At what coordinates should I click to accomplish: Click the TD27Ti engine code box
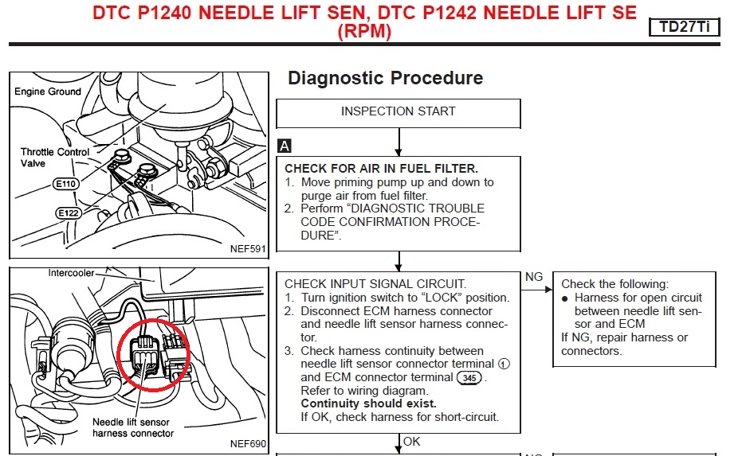(685, 28)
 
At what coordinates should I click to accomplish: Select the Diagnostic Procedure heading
(385, 78)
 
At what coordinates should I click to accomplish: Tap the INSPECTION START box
(398, 111)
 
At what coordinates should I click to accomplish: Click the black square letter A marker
(284, 146)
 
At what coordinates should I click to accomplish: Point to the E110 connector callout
(65, 184)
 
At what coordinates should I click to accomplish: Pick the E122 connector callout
(69, 213)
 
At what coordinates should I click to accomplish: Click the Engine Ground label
(48, 92)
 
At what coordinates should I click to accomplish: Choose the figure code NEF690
(248, 443)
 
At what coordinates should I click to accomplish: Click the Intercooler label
(73, 272)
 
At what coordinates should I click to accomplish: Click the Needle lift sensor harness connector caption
(132, 427)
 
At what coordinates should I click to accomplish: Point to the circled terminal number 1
(502, 364)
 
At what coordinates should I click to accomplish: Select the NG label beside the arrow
(534, 277)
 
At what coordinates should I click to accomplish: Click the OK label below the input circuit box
(412, 441)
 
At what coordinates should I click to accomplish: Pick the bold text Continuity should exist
(368, 403)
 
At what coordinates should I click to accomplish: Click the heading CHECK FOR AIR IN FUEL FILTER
(381, 169)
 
